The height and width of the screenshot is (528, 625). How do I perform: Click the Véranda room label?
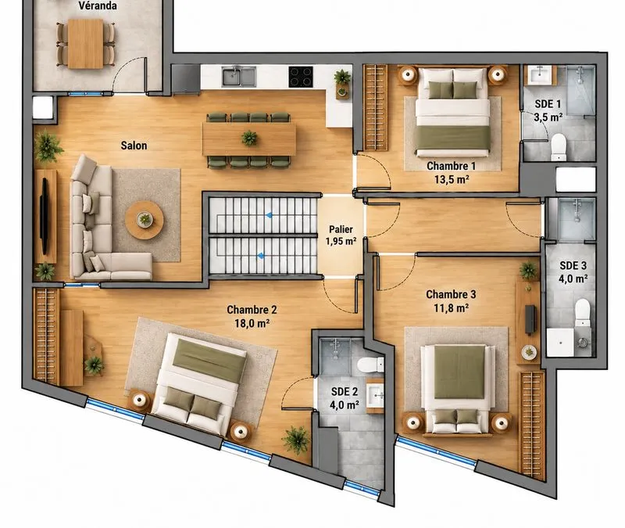click(98, 5)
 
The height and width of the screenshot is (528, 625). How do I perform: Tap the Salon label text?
click(134, 145)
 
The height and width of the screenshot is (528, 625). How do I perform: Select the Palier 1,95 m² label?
click(341, 235)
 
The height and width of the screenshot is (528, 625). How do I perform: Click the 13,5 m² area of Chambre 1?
click(452, 179)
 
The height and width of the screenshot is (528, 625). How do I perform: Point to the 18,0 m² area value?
click(252, 323)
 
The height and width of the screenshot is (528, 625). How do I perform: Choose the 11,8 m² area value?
click(451, 307)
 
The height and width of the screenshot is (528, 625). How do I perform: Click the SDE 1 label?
click(548, 104)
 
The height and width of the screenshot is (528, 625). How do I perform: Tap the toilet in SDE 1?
click(559, 146)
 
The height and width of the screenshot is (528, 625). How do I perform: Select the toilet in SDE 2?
click(370, 365)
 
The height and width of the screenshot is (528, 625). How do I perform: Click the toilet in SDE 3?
click(582, 312)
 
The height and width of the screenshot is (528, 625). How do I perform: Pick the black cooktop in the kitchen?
click(301, 77)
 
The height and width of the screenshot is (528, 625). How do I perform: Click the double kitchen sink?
click(239, 77)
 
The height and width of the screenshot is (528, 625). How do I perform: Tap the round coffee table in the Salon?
click(145, 220)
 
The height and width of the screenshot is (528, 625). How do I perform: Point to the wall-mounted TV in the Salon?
click(45, 216)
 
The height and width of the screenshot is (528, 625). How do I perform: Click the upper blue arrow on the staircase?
click(270, 216)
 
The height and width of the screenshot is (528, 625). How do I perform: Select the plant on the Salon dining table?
click(249, 138)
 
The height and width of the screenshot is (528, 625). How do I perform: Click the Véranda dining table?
click(85, 44)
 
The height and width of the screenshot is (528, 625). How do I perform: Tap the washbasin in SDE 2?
click(375, 396)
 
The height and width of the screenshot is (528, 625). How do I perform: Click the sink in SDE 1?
click(541, 74)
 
